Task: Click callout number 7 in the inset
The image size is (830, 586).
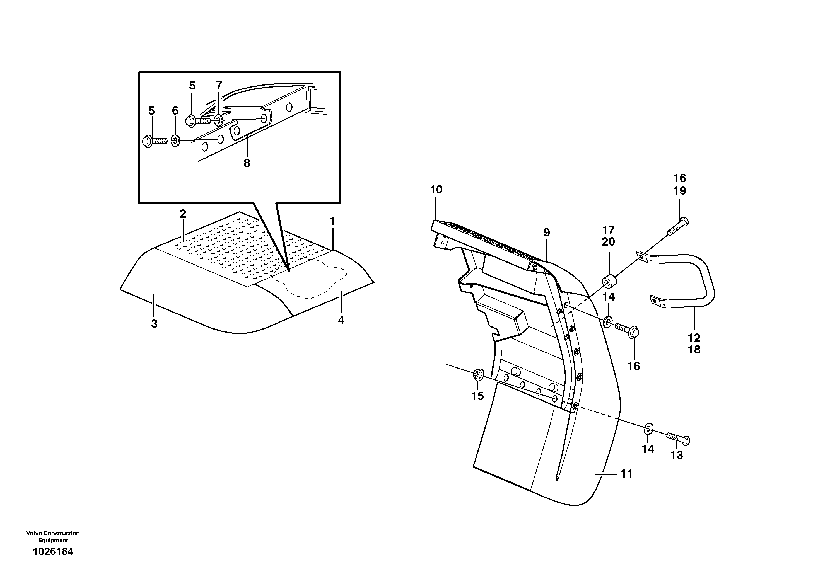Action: click(x=219, y=85)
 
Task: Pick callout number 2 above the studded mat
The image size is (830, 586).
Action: click(x=183, y=214)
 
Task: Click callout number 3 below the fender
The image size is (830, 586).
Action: click(x=154, y=324)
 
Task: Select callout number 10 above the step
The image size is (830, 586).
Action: click(x=436, y=190)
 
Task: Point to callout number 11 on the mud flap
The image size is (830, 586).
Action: click(x=626, y=473)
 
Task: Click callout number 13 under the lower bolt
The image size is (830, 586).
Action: click(x=677, y=455)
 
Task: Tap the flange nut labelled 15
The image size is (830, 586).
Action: click(x=477, y=375)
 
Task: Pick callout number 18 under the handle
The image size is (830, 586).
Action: click(x=694, y=349)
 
